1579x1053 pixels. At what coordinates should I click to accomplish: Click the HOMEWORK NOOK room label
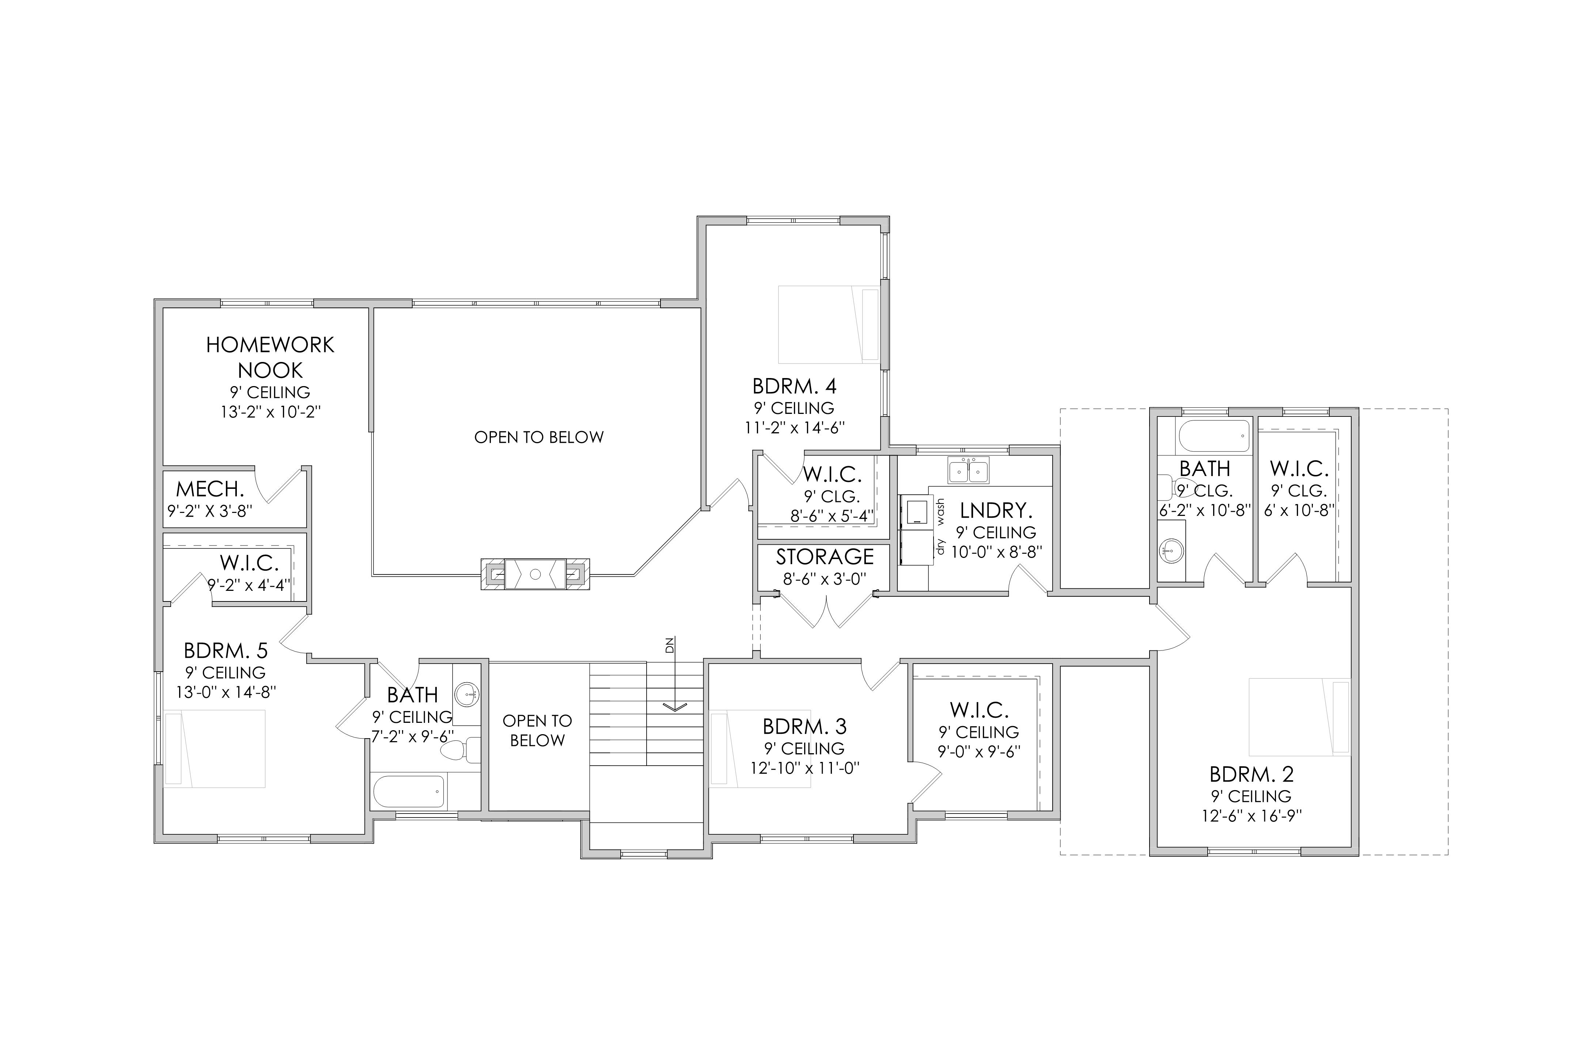(270, 357)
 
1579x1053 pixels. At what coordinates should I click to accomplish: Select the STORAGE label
(825, 557)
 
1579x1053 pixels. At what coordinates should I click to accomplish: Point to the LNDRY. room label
(996, 510)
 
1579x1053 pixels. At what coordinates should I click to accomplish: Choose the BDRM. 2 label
(1252, 774)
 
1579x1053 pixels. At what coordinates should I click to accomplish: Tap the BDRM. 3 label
(805, 726)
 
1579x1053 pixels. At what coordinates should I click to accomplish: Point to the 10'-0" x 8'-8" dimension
(996, 552)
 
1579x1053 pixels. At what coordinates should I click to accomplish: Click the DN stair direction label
(669, 646)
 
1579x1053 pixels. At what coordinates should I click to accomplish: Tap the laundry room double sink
(968, 470)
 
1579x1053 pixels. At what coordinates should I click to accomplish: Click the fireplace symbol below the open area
(535, 574)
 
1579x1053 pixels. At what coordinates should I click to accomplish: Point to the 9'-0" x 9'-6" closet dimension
(980, 751)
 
